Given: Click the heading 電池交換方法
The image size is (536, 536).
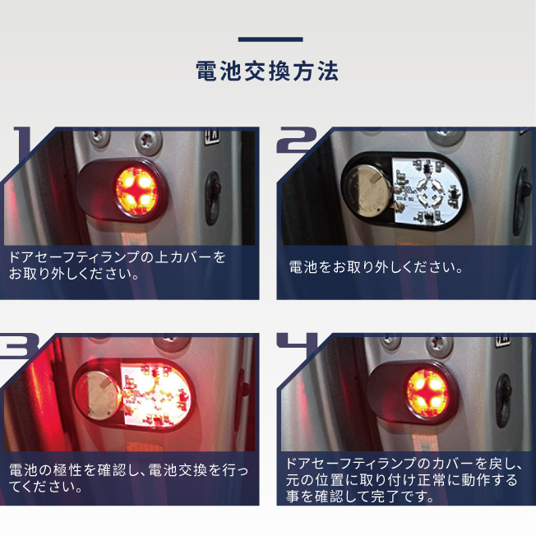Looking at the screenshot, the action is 267,71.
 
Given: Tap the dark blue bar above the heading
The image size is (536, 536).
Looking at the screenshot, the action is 270,39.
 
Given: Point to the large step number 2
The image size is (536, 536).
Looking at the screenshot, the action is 297,140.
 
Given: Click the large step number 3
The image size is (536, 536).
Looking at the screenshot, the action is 18,345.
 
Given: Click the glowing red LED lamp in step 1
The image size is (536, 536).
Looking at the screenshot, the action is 136,191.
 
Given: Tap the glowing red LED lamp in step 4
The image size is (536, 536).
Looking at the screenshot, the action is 427,394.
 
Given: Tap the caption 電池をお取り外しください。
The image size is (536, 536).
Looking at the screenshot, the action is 376,267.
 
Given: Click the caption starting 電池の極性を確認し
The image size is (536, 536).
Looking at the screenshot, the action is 128,478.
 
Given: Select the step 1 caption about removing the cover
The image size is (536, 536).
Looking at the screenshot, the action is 117,266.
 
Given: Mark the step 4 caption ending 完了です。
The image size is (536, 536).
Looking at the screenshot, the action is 404,480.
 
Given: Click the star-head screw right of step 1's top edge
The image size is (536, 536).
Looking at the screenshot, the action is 148,143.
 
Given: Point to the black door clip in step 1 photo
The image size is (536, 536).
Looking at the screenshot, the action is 213,199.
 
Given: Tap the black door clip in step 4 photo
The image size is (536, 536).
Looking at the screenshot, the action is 503,400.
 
